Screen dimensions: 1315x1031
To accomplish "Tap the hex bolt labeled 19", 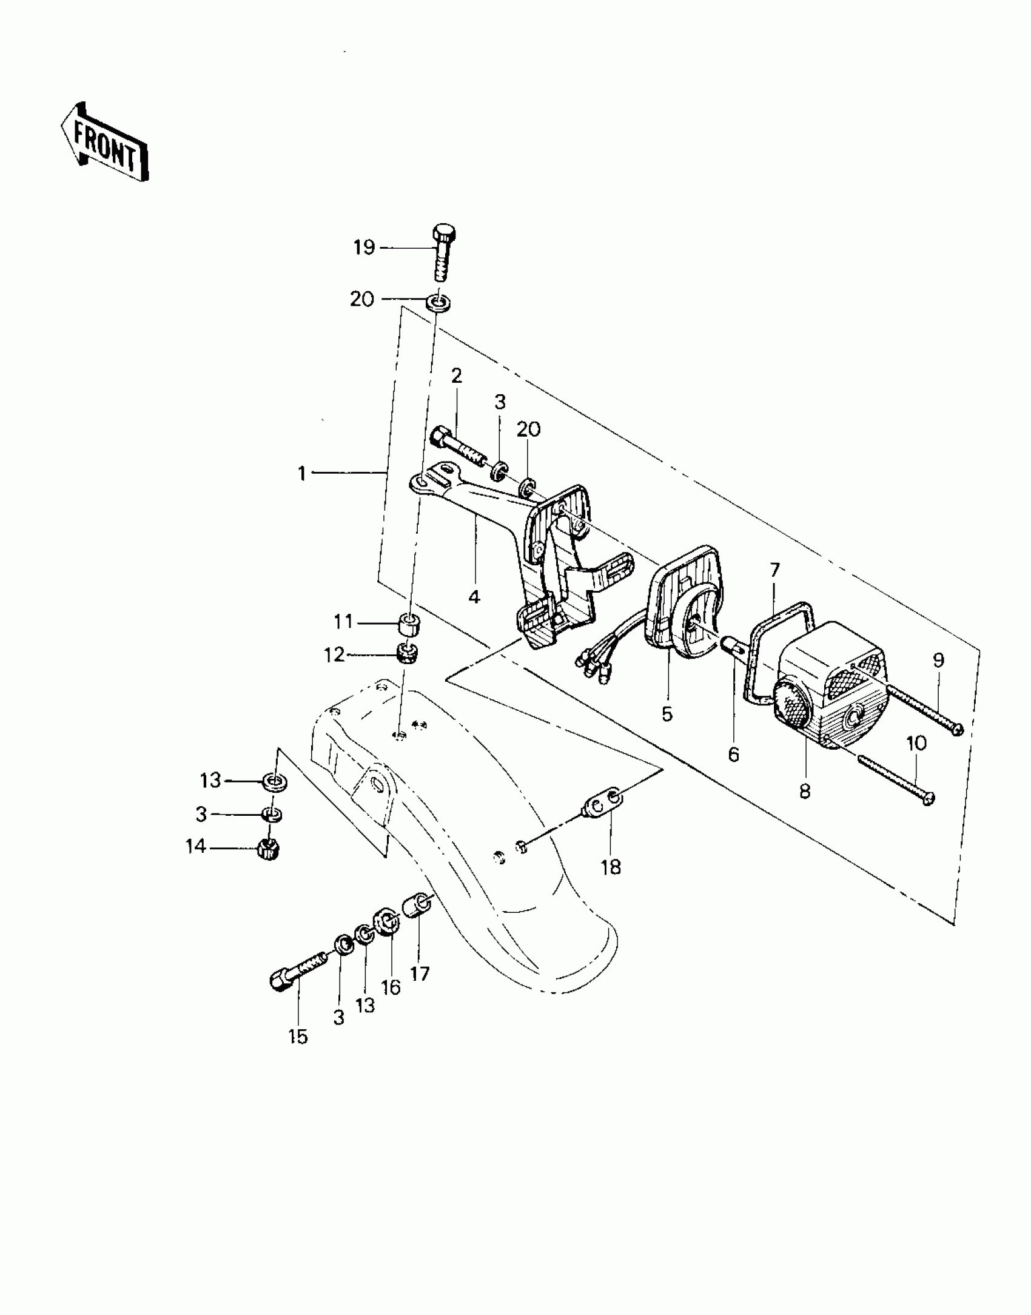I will [445, 254].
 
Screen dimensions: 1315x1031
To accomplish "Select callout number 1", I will [302, 473].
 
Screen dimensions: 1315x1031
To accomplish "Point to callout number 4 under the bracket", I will [474, 597].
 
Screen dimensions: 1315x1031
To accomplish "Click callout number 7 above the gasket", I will [774, 571].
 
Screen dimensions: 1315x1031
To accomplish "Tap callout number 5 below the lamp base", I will [667, 714].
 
